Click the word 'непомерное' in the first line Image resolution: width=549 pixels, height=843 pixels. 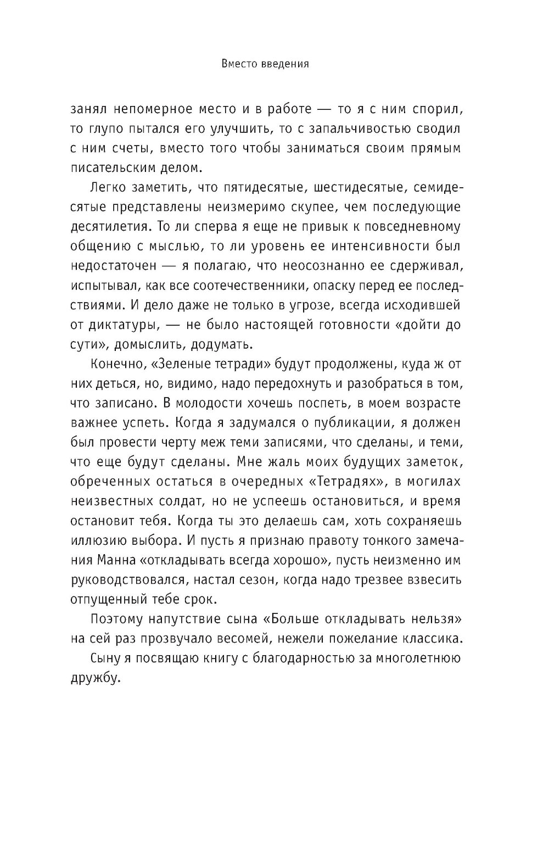[x=162, y=109]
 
